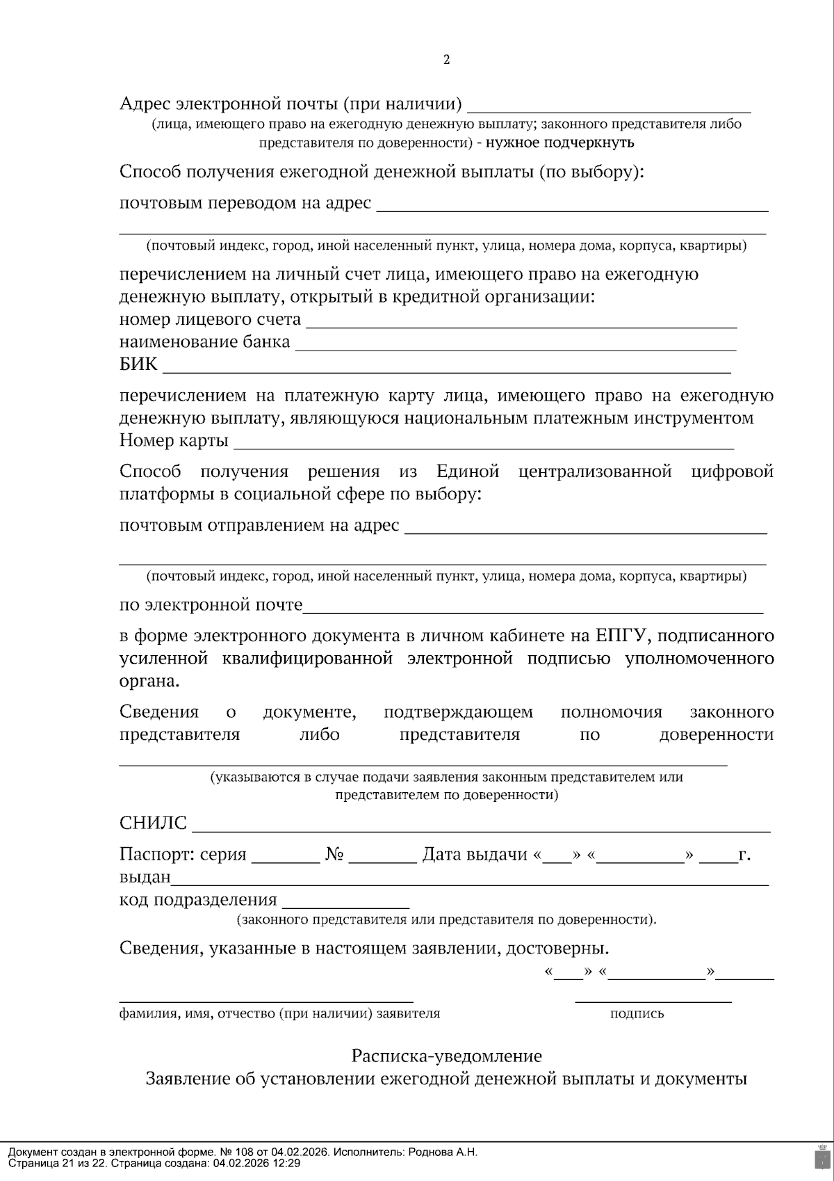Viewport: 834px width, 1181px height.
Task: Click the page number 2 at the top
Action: pos(446,60)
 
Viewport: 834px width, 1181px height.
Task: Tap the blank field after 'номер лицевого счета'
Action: pos(521,322)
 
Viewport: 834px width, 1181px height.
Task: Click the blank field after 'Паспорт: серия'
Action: pos(285,858)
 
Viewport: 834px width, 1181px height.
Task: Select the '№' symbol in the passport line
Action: pos(334,855)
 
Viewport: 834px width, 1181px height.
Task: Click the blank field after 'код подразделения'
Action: pos(345,903)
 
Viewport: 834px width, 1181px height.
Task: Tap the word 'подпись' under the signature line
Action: pos(637,1013)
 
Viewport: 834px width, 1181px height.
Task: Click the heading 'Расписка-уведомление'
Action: pos(446,1056)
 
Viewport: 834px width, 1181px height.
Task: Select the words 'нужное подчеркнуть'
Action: pos(560,143)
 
